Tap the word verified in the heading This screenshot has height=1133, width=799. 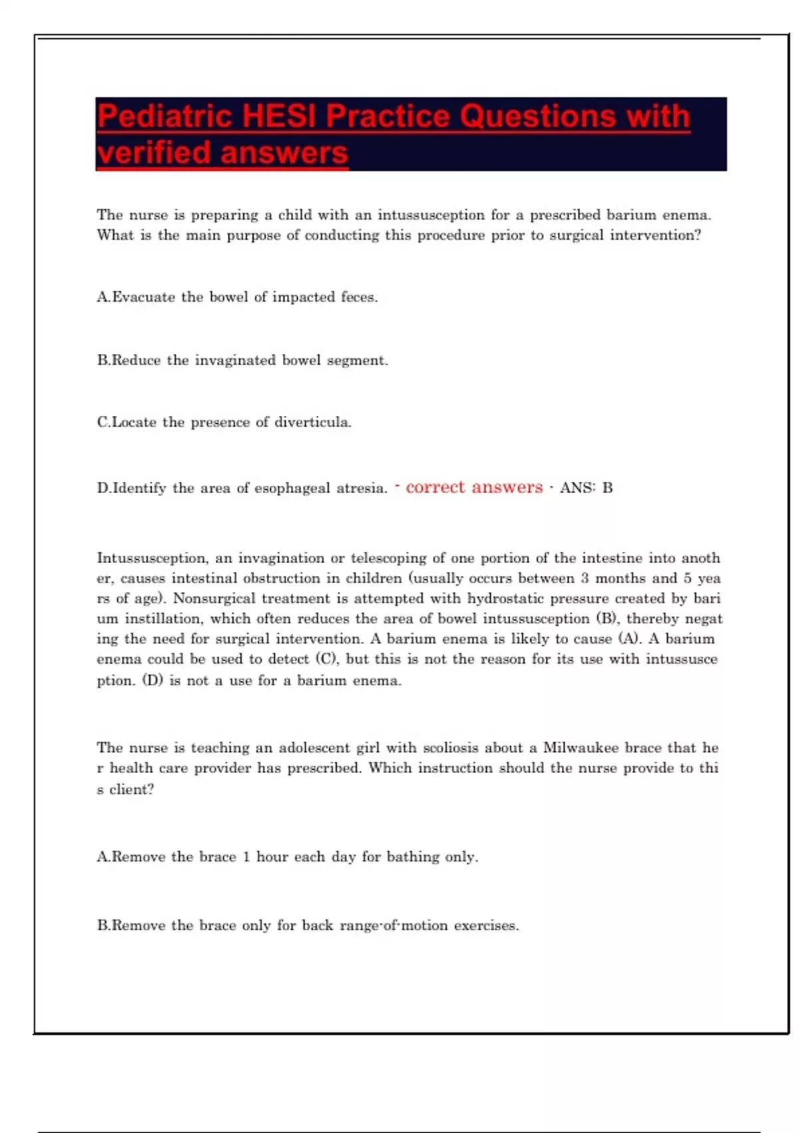[154, 153]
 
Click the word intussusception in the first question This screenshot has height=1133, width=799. [431, 215]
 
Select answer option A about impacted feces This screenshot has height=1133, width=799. [237, 297]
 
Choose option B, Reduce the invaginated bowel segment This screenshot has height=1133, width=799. [242, 361]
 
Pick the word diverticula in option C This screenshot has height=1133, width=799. [312, 423]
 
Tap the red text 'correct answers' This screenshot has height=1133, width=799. [474, 487]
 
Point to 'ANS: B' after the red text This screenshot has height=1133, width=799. [586, 488]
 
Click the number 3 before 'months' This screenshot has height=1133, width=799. [585, 578]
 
